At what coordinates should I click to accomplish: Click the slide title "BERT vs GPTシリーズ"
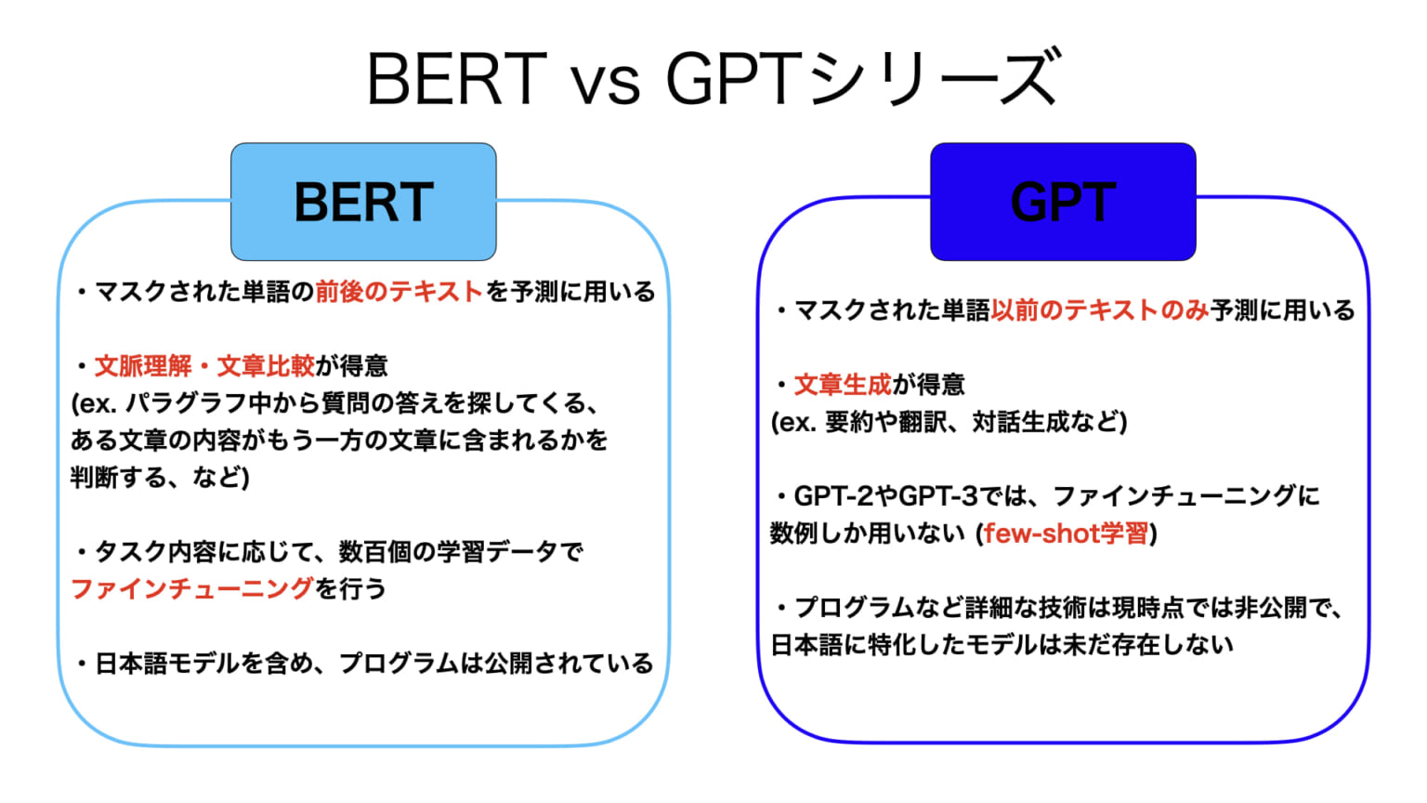pyautogui.click(x=713, y=78)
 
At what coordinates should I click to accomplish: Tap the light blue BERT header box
pyautogui.click(x=363, y=202)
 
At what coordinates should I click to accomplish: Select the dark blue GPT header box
pyautogui.click(x=1063, y=202)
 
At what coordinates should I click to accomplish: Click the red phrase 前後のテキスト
pyautogui.click(x=399, y=292)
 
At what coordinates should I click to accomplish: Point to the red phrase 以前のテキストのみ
pyautogui.click(x=1099, y=310)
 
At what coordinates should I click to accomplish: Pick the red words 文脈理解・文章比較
pyautogui.click(x=204, y=366)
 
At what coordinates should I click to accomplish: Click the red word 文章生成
pyautogui.click(x=842, y=385)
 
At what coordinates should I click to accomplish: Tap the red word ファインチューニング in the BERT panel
pyautogui.click(x=192, y=589)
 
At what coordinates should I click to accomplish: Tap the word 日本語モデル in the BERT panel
pyautogui.click(x=168, y=664)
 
